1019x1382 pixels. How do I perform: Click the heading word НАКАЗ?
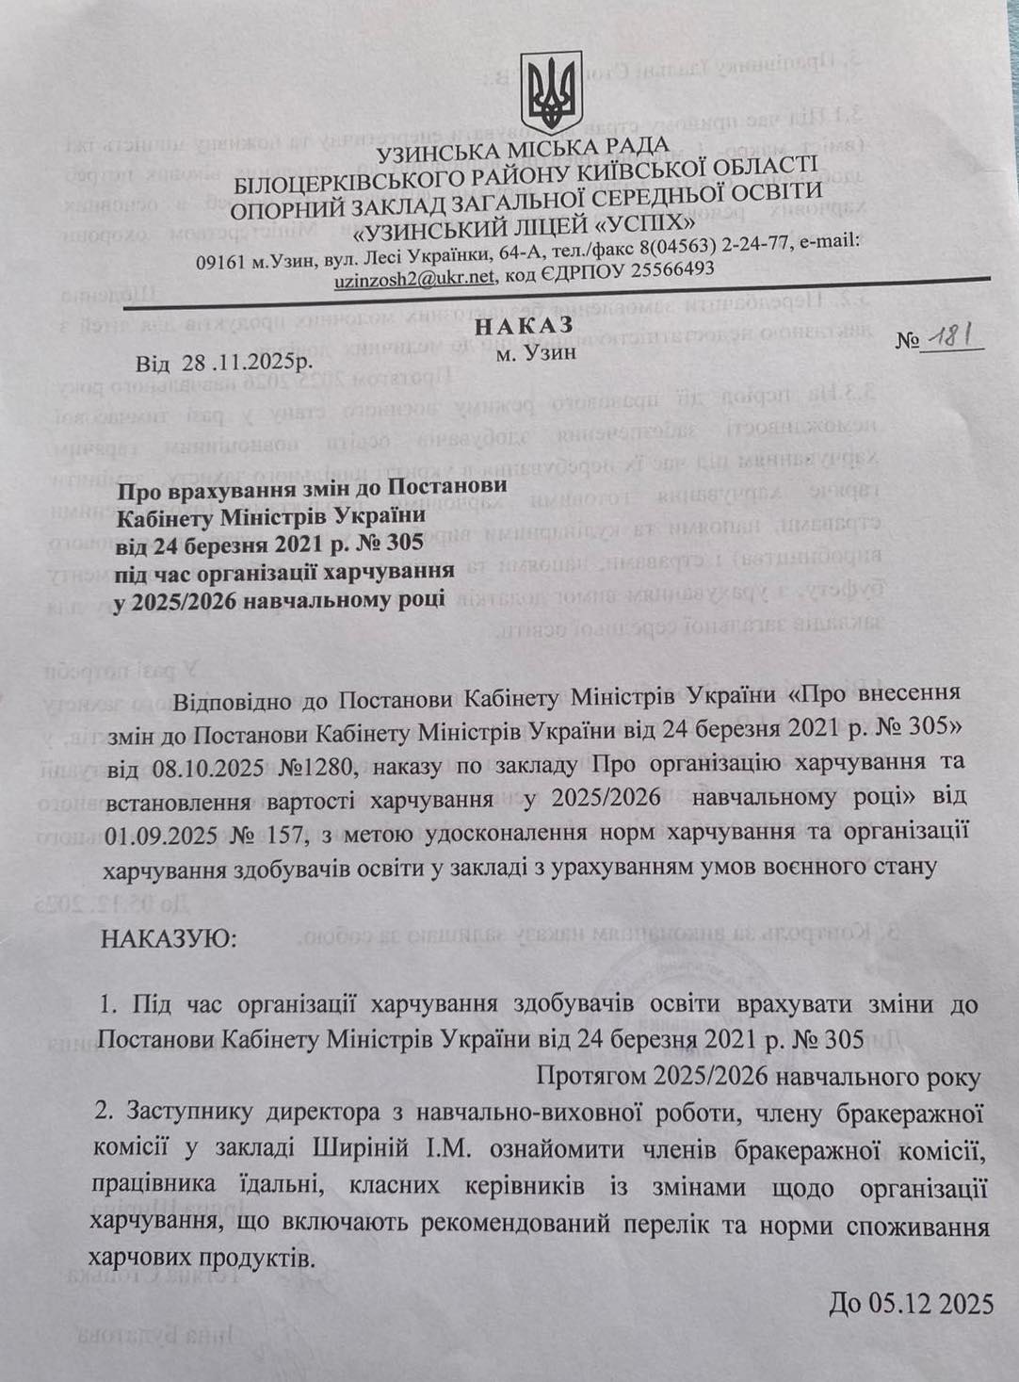click(x=529, y=327)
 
